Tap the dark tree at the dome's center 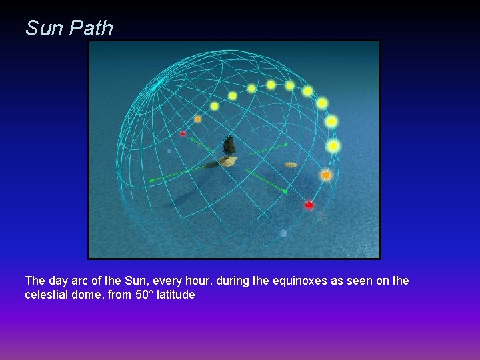(229, 145)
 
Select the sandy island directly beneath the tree (228, 161)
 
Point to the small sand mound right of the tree (291, 165)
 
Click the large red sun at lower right (309, 205)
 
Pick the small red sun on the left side (183, 134)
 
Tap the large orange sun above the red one (326, 175)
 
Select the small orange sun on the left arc (197, 119)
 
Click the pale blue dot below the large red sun (284, 233)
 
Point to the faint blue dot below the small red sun (169, 151)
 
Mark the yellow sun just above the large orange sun (333, 145)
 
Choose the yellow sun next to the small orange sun (214, 106)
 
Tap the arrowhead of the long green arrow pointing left (150, 180)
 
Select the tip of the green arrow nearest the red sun (285, 192)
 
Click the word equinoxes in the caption (290, 281)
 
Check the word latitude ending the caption (173, 294)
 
